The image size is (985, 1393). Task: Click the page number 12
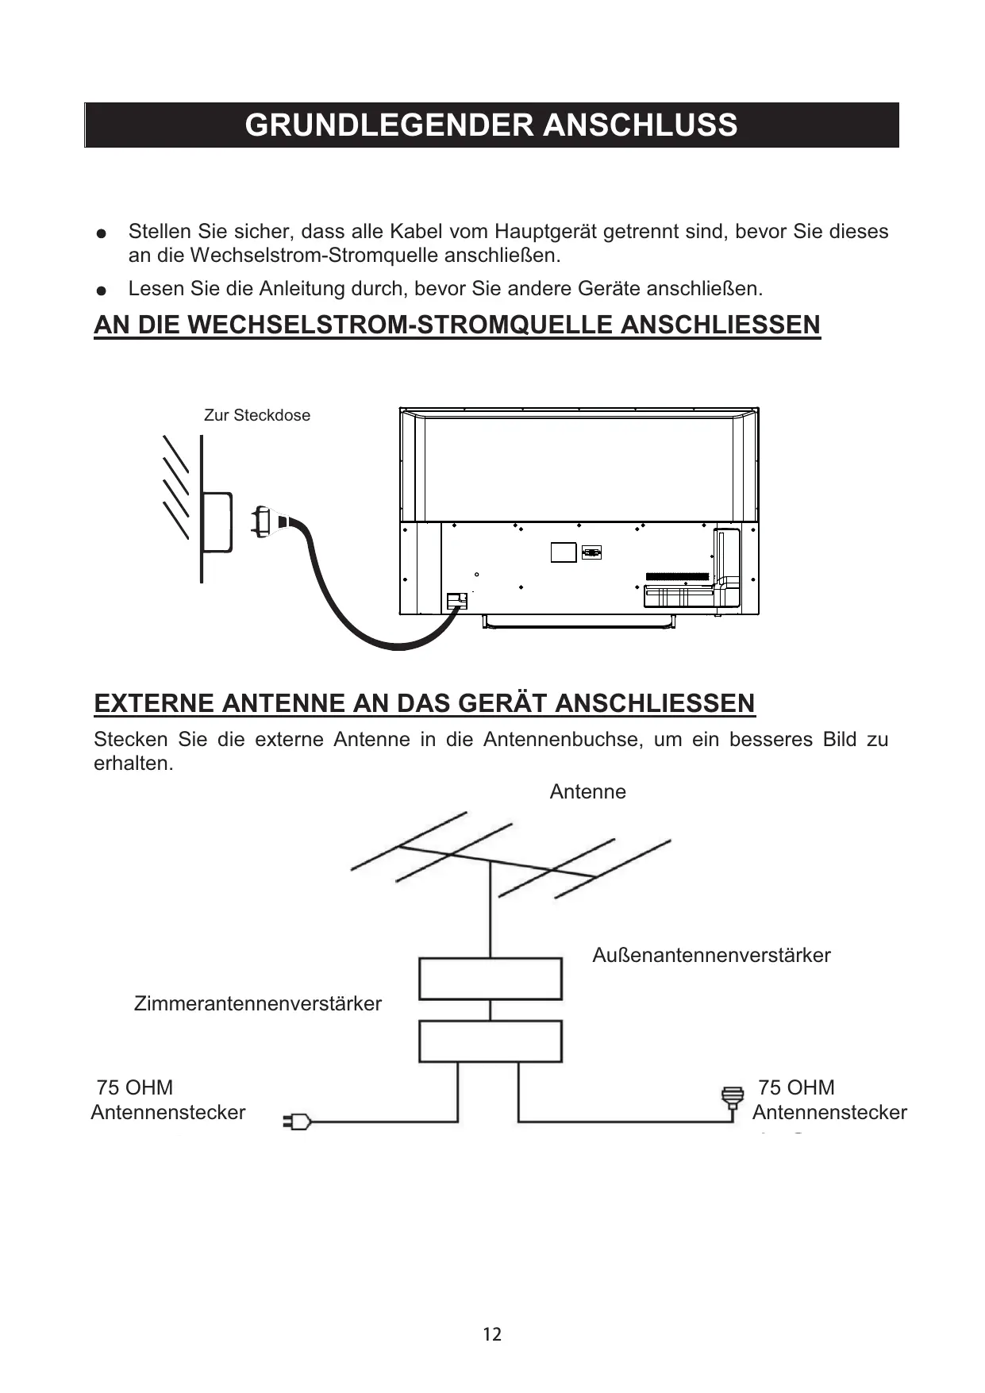point(492,1334)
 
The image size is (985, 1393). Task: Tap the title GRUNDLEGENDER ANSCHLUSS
point(491,125)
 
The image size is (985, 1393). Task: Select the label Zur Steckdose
point(257,415)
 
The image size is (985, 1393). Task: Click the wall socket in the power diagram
point(216,522)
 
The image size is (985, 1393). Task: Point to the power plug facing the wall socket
point(261,521)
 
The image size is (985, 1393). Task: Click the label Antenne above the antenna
point(587,791)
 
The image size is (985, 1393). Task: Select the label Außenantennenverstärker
point(711,955)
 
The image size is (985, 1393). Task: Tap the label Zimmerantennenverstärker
point(257,1003)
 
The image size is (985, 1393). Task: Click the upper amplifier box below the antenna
point(490,979)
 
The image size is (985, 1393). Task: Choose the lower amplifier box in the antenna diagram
point(490,1041)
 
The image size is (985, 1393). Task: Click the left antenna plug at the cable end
point(296,1122)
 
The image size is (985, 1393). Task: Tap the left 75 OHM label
point(134,1087)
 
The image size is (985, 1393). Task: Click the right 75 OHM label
point(796,1087)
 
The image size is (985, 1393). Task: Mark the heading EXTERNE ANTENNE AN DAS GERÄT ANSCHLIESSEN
point(425,703)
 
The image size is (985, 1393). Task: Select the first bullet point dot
point(100,234)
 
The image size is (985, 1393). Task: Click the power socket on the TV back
point(456,601)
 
